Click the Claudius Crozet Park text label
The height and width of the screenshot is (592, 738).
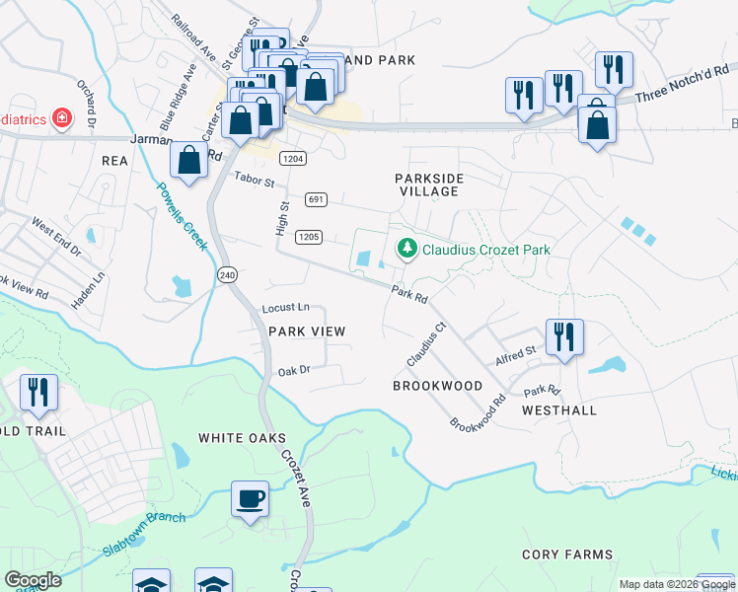[485, 250]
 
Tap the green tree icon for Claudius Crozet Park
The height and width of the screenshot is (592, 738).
[406, 250]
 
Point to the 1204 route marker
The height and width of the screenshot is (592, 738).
[292, 159]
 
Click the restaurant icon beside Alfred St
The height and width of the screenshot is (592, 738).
[563, 335]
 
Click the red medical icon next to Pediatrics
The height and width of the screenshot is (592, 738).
[62, 119]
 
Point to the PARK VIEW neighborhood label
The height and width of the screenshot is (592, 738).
[307, 332]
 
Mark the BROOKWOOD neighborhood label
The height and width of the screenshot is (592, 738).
[438, 386]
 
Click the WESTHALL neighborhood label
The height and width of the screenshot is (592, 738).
[558, 408]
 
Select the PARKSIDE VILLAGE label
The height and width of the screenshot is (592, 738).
[428, 185]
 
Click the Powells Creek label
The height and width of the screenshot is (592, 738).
[182, 217]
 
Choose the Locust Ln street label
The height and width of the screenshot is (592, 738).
[285, 309]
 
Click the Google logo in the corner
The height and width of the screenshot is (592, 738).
[33, 580]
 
